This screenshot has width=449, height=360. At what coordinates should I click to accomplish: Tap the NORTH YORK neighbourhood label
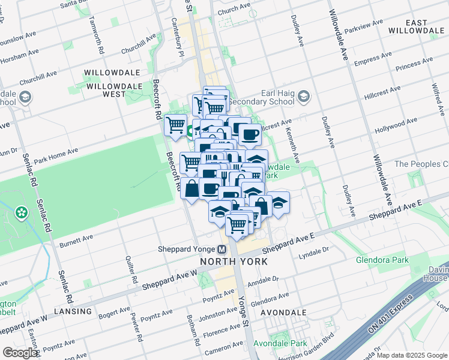click(234, 262)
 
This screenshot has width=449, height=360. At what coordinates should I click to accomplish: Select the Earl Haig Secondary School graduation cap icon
click(304, 96)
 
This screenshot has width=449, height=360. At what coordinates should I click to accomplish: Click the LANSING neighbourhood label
click(72, 311)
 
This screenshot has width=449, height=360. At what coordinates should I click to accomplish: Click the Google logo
click(20, 353)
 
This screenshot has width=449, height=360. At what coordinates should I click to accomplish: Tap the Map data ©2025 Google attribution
click(412, 355)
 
